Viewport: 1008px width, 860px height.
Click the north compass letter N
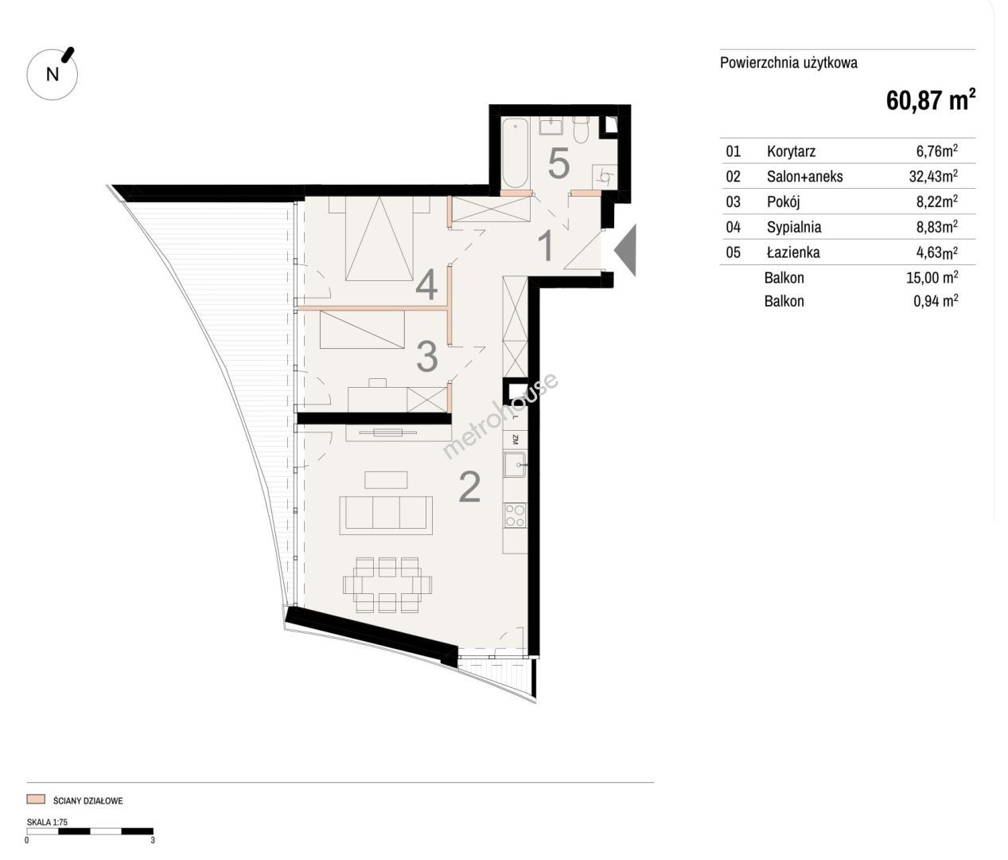click(x=53, y=74)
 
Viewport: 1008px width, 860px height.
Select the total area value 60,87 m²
click(x=931, y=100)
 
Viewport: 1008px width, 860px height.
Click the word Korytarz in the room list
click(x=791, y=151)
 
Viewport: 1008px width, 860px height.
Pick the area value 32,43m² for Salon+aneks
click(x=933, y=176)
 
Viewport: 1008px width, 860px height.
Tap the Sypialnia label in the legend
click(x=794, y=227)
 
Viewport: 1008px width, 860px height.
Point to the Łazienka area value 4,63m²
click(x=937, y=252)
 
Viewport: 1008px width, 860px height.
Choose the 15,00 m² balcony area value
click(x=932, y=277)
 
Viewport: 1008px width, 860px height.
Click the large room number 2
click(x=469, y=487)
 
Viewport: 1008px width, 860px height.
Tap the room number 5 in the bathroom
click(x=558, y=164)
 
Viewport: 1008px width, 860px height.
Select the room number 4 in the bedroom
click(x=426, y=286)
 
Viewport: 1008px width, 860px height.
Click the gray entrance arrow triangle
click(x=625, y=249)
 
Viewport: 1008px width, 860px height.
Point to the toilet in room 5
click(x=581, y=129)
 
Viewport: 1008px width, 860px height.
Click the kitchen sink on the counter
click(x=515, y=465)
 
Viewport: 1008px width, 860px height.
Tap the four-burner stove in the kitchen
click(x=516, y=515)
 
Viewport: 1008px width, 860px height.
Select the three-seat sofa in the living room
click(x=386, y=515)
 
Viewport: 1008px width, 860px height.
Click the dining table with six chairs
click(x=387, y=584)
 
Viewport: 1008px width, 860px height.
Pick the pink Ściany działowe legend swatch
click(x=36, y=799)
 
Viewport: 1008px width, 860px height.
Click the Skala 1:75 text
click(x=47, y=822)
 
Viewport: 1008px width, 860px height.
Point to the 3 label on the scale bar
click(x=153, y=840)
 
